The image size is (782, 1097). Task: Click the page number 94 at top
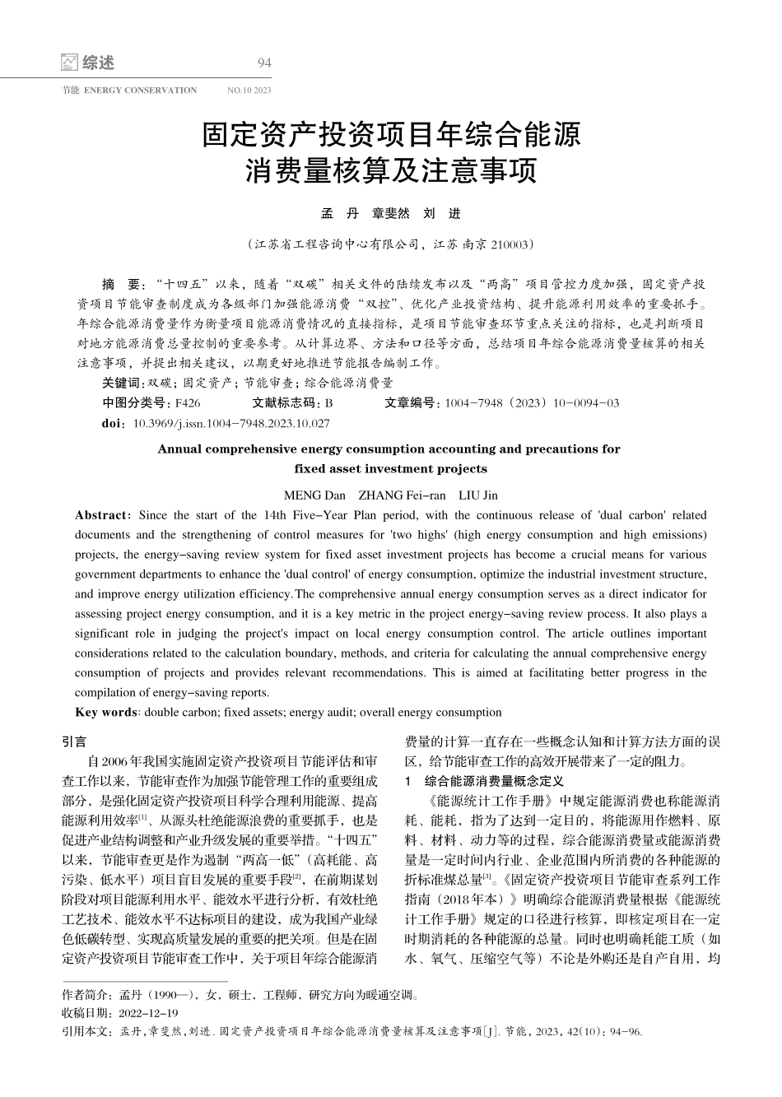coord(264,63)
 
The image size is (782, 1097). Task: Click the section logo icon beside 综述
coord(70,63)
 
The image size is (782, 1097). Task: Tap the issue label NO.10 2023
coord(249,91)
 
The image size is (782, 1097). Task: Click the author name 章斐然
coord(391,214)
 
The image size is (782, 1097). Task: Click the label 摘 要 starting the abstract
coord(120,284)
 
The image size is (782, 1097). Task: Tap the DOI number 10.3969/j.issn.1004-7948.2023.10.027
coord(231,423)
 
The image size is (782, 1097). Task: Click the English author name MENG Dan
coord(314,495)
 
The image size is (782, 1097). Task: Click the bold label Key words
coord(106,713)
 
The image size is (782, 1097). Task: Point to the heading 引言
coord(75,741)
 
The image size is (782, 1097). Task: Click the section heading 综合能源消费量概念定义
coord(493,780)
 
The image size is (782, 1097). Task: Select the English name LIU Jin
coord(477,495)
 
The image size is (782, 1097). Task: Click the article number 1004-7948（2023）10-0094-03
coord(532,403)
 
